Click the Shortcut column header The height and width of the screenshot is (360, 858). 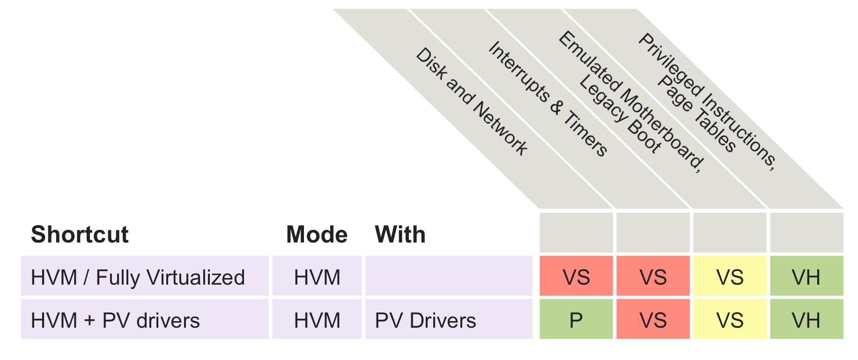tap(80, 234)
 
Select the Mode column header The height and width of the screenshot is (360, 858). tap(317, 234)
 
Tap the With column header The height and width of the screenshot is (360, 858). tap(400, 234)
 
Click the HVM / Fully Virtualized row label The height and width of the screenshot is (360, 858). tap(138, 277)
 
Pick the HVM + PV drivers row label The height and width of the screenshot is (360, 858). tap(115, 321)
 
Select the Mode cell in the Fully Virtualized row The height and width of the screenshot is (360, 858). tap(317, 277)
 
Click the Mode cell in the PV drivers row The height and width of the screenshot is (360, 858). tap(317, 321)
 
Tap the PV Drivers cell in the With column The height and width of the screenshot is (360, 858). tap(425, 321)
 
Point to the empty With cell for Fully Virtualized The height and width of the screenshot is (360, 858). tap(449, 276)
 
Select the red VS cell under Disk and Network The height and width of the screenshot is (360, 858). tap(576, 277)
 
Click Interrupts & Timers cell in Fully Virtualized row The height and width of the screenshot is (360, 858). tap(653, 277)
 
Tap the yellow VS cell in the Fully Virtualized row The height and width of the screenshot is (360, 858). tap(730, 277)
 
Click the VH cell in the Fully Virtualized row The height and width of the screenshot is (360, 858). tap(806, 277)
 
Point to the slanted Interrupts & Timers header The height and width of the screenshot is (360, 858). tap(548, 98)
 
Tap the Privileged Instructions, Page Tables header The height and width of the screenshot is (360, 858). tap(707, 101)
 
